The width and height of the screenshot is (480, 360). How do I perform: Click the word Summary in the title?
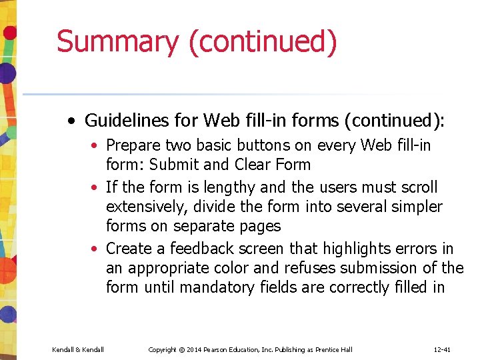tap(117, 42)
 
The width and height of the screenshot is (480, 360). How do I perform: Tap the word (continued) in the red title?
tap(263, 42)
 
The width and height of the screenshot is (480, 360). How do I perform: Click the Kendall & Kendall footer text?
tap(77, 349)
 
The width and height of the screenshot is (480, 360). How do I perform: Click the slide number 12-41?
tap(442, 349)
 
